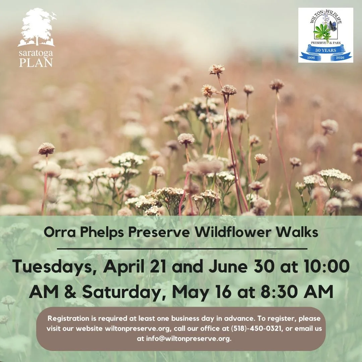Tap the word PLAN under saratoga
click(36, 63)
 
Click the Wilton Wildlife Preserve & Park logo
click(325, 35)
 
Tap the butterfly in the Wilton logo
click(333, 26)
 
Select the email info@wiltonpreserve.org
click(188, 339)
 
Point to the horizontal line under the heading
click(182, 249)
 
